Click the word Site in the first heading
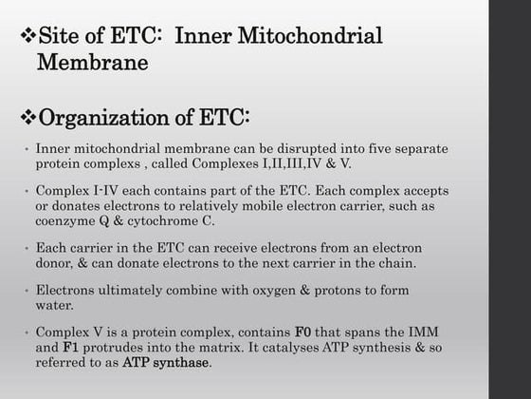58,38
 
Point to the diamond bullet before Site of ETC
27,38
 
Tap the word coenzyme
69,220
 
